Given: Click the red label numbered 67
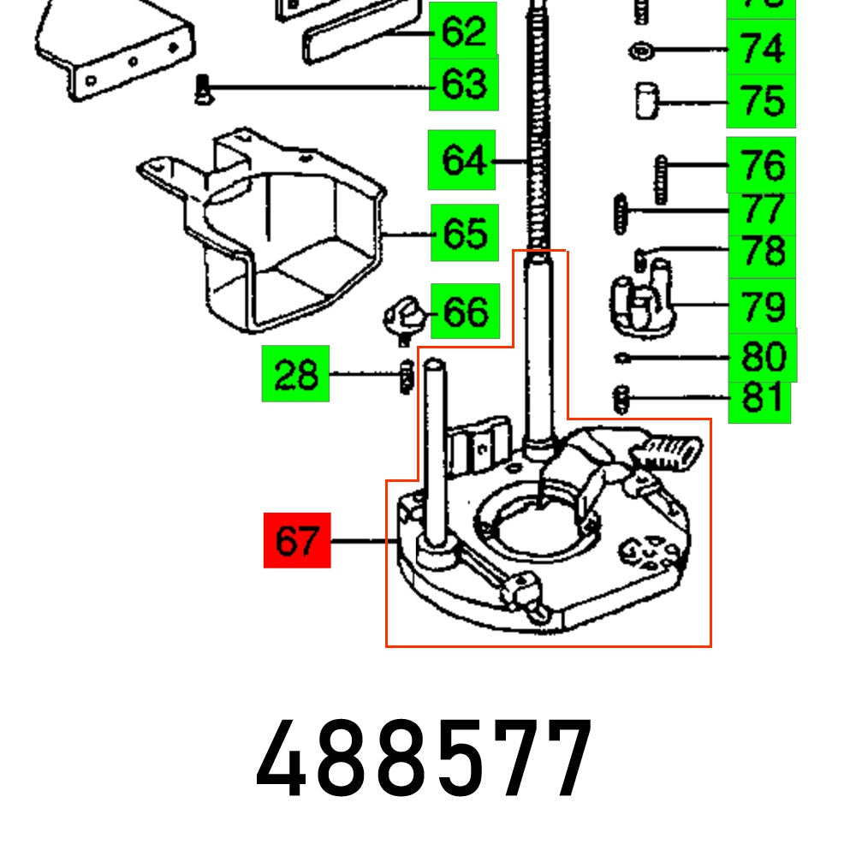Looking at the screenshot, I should [x=296, y=540].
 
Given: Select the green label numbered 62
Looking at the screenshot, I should [x=463, y=32].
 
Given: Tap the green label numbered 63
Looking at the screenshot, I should [x=463, y=85].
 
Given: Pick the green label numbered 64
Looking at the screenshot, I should [x=462, y=160].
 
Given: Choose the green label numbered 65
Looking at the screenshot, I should [x=465, y=233].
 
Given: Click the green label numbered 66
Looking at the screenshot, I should [x=465, y=311].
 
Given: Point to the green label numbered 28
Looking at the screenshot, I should [x=295, y=375].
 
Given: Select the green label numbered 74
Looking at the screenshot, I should [x=761, y=49].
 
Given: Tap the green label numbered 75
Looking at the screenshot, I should [x=761, y=101].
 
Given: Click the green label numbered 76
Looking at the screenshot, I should [x=761, y=164].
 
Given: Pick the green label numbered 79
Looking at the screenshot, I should [x=761, y=305].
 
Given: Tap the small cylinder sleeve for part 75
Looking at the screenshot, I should [x=645, y=101].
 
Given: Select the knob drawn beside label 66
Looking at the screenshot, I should [x=402, y=317].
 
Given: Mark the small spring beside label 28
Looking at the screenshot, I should [x=407, y=377].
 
